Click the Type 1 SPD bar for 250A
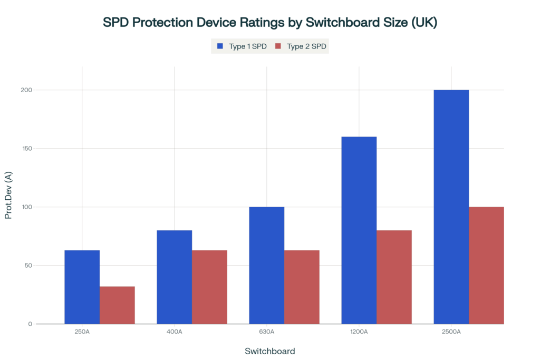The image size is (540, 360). (82, 287)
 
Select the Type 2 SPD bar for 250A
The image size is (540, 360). (117, 305)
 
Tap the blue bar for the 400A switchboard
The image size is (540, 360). (174, 277)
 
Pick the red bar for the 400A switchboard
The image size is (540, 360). (209, 287)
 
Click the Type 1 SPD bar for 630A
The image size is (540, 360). (266, 265)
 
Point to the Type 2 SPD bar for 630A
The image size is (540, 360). (302, 287)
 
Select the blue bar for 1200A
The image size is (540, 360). (359, 230)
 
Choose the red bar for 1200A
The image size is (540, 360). (394, 277)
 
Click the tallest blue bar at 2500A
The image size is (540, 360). (451, 207)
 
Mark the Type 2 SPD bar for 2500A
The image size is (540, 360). (486, 265)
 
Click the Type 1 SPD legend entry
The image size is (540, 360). (242, 46)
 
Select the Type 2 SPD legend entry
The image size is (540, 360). (301, 46)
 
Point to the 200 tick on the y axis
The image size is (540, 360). (26, 90)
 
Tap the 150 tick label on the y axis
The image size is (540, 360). (26, 148)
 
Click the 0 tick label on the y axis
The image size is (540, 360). (30, 324)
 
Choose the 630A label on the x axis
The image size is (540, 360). (266, 332)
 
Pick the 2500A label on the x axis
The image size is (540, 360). (451, 332)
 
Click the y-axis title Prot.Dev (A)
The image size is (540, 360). (8, 195)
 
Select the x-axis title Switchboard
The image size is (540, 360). (270, 351)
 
